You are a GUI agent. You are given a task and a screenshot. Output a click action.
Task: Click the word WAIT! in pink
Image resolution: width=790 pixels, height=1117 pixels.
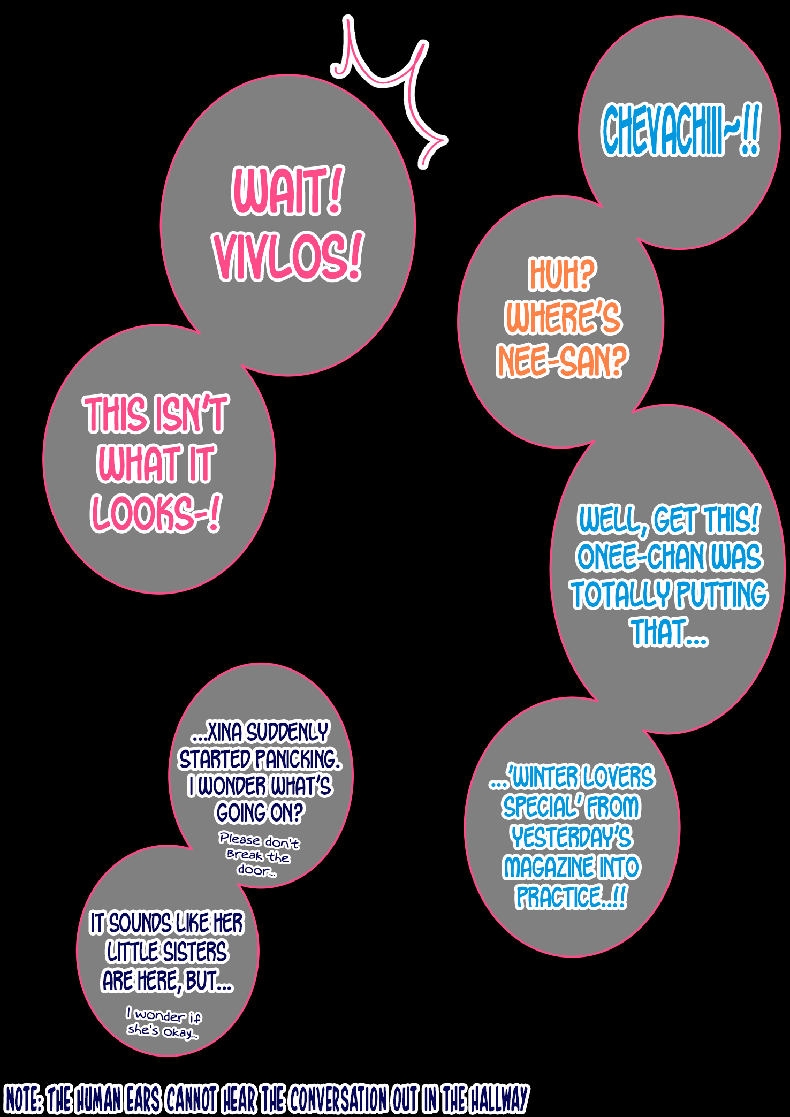point(288,191)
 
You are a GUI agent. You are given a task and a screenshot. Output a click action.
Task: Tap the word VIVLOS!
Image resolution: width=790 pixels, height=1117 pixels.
point(288,257)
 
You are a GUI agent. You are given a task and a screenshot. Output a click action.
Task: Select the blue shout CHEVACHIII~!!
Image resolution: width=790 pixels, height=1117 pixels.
point(680,130)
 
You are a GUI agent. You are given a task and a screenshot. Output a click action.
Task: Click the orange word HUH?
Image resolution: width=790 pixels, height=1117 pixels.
point(562,274)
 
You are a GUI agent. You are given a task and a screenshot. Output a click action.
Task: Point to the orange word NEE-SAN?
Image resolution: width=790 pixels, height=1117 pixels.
point(562,361)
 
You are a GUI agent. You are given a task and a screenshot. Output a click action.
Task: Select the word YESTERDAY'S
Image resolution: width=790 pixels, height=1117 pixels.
point(572,838)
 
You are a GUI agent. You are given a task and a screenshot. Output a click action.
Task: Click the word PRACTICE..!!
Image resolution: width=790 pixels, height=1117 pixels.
point(571,898)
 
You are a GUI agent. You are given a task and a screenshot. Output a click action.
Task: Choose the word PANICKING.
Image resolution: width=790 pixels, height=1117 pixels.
point(298,759)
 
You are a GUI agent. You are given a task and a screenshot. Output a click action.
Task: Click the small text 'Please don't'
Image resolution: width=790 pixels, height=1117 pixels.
point(259,840)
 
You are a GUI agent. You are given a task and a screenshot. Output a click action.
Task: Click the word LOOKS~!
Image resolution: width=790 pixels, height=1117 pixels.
point(155,513)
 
